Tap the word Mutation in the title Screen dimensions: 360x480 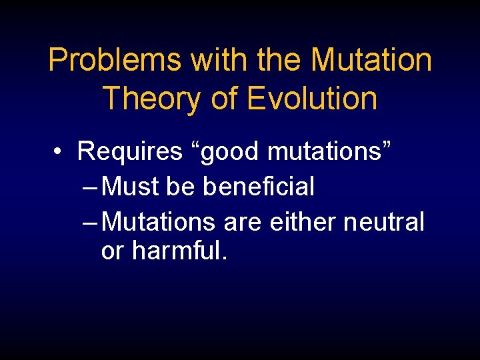point(371,61)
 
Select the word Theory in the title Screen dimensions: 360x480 point(151,98)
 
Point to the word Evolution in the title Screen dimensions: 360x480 point(312,98)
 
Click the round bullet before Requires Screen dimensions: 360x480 point(60,153)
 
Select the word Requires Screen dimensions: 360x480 point(129,152)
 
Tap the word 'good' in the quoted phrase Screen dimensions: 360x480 point(227,152)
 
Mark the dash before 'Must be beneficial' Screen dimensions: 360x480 point(91,187)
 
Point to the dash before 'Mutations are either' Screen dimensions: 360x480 point(91,222)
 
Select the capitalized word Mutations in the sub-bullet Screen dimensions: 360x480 point(160,221)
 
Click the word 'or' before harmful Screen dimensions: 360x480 point(113,252)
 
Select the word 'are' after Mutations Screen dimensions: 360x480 point(243,222)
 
